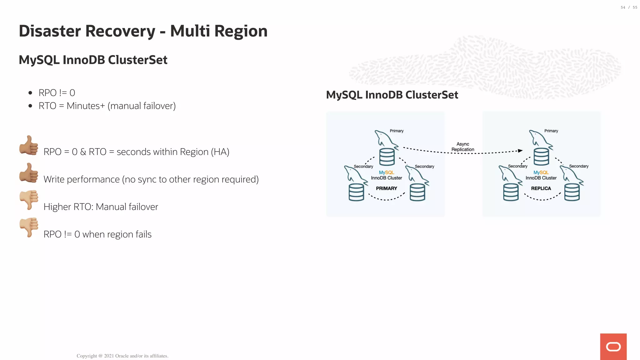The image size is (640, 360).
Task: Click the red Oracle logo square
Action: click(613, 347)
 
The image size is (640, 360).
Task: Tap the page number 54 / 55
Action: click(629, 7)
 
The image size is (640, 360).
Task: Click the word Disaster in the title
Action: click(50, 31)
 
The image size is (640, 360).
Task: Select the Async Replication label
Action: click(462, 147)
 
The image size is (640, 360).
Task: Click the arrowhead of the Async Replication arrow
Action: click(520, 151)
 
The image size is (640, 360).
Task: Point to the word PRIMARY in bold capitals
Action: click(386, 188)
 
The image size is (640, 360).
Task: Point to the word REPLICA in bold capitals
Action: click(541, 188)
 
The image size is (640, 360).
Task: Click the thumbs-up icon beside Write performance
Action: click(29, 173)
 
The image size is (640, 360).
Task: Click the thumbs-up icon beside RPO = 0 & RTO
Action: click(29, 145)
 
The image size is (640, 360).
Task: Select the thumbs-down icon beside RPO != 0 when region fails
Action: click(29, 227)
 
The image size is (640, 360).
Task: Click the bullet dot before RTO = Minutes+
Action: click(30, 106)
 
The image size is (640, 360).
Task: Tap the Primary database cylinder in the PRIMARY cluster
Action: click(387, 157)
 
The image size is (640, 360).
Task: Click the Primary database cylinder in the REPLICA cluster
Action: click(541, 157)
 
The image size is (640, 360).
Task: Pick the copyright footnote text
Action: click(122, 356)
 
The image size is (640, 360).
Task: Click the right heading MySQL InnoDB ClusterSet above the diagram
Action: click(392, 95)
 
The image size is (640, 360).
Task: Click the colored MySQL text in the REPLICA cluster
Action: click(541, 172)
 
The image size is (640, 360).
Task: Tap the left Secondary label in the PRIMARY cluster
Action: click(363, 166)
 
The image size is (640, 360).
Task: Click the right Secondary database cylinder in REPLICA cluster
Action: click(572, 192)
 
